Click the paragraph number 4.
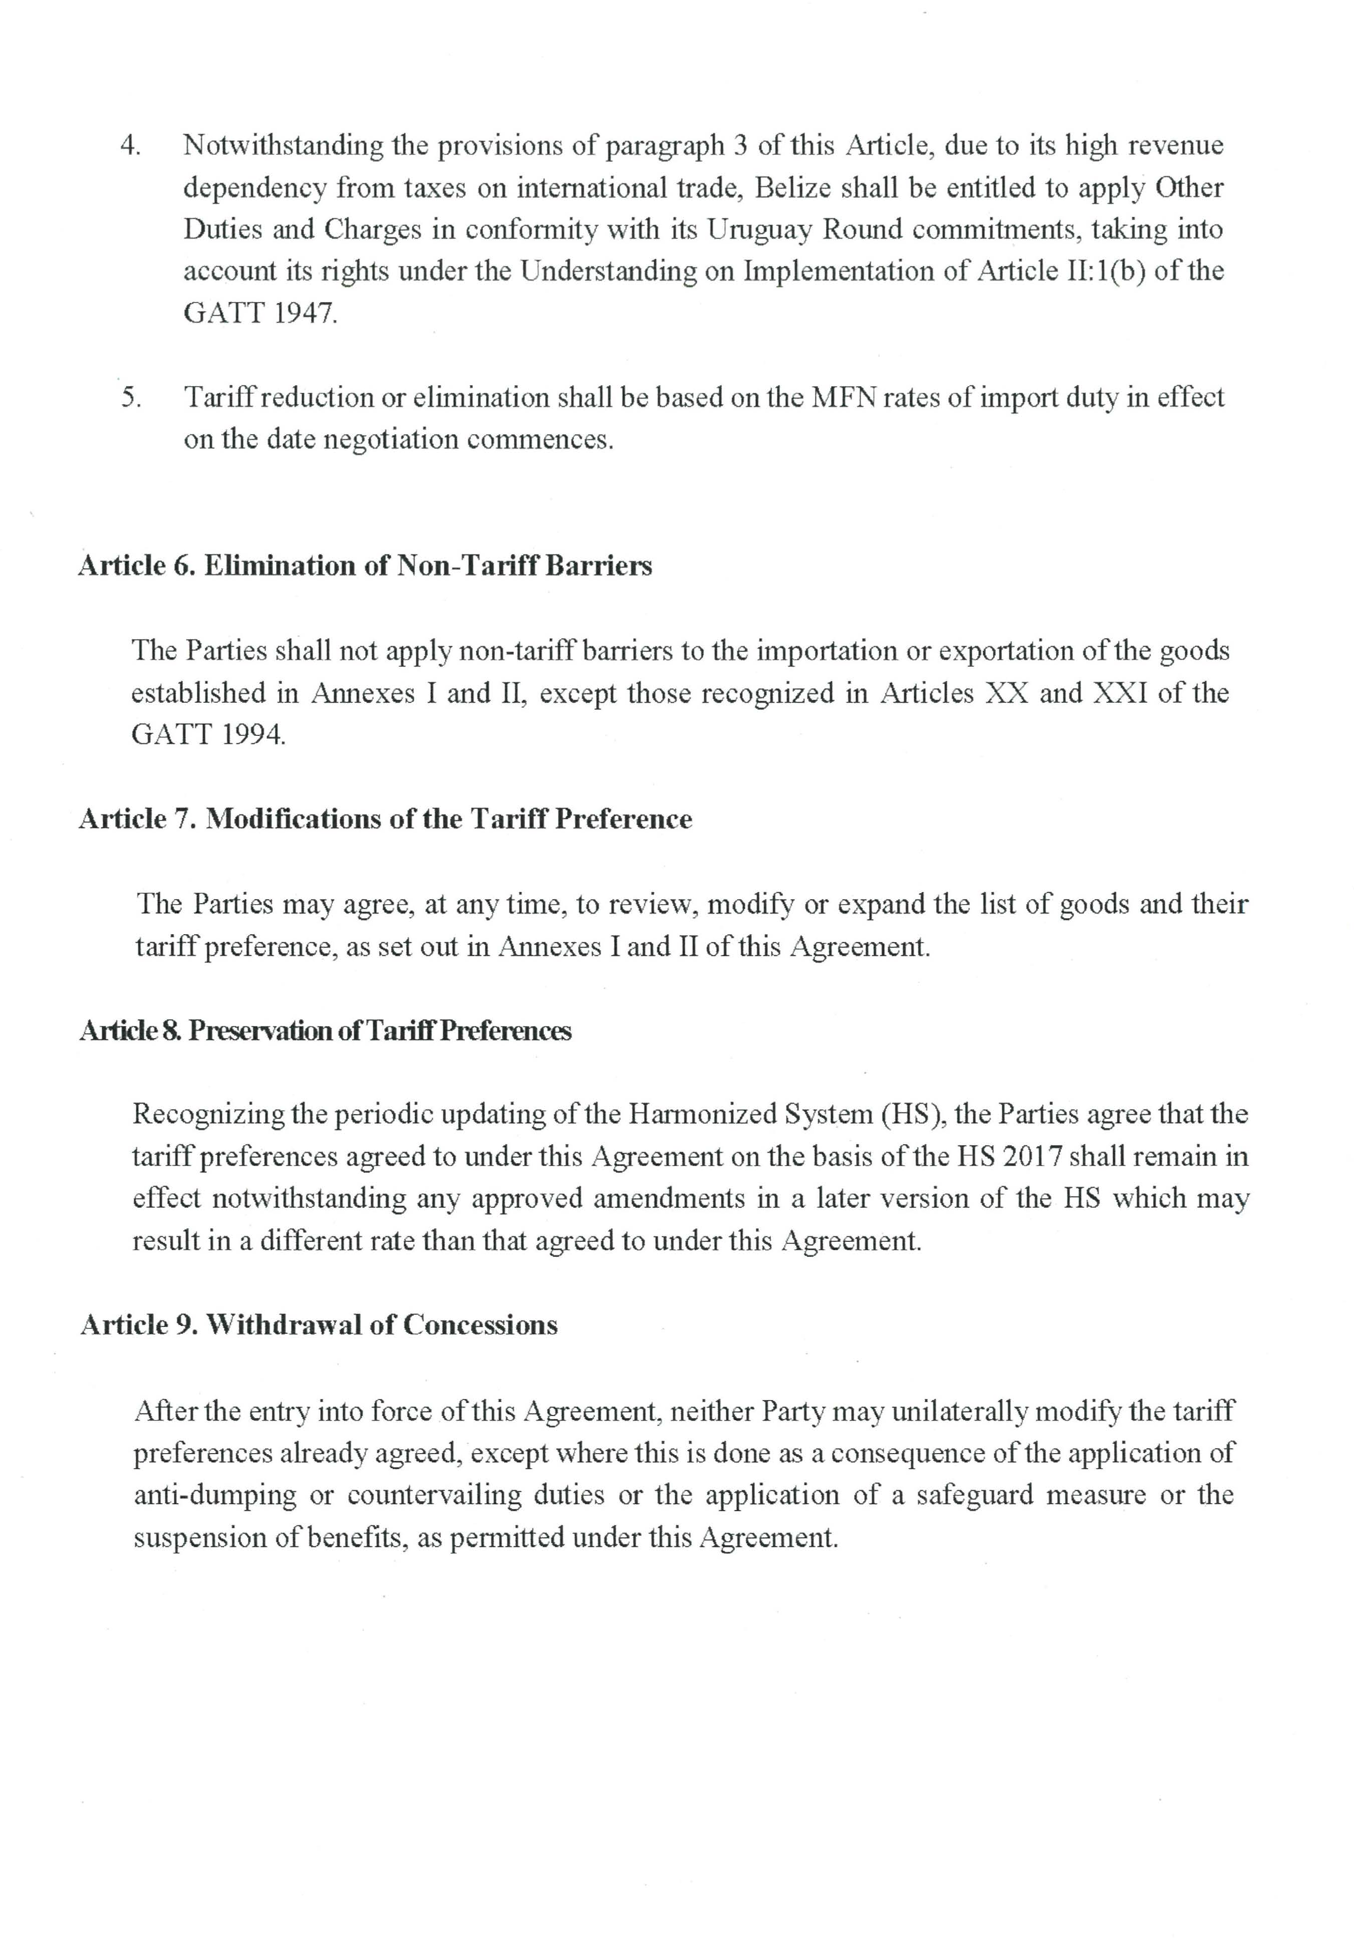pos(130,146)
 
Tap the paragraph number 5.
pos(130,398)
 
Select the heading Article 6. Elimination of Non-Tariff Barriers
pos(365,566)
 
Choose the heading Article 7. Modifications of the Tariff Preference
pos(385,819)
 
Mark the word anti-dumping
pos(215,1495)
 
